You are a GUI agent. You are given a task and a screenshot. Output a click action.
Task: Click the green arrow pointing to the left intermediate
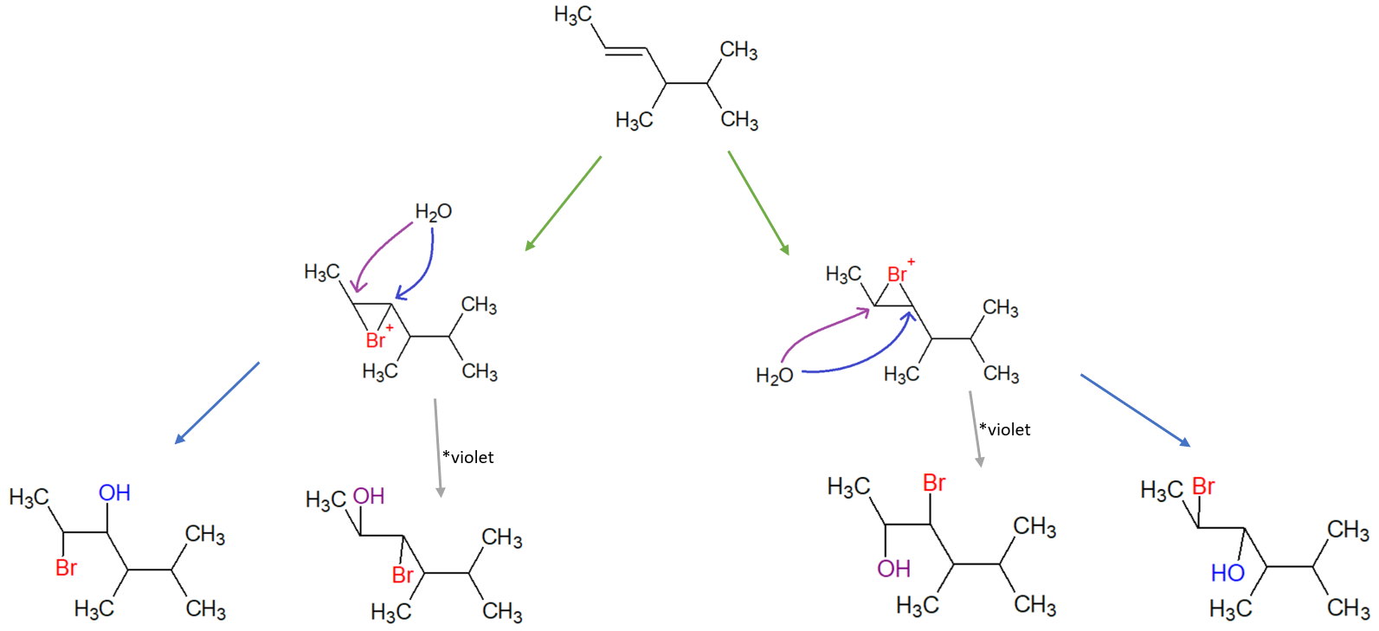tap(563, 203)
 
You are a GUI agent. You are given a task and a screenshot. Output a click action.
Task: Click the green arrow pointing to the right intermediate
tap(758, 203)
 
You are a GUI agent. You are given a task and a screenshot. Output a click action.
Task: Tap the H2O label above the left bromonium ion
tap(433, 212)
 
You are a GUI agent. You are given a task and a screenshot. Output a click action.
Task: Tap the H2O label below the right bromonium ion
tap(774, 376)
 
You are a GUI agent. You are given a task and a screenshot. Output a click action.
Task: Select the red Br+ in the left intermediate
tap(378, 338)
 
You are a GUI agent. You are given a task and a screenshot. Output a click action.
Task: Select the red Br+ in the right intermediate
tap(899, 274)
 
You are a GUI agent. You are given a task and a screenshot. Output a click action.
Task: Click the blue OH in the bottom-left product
tap(114, 493)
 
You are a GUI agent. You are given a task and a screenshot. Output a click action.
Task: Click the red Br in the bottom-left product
tap(67, 568)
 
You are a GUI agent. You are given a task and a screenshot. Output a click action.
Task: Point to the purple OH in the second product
tap(369, 496)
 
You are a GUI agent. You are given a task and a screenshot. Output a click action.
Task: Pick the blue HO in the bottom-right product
tap(1228, 573)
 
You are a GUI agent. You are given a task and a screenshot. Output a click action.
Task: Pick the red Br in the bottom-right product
tap(1203, 486)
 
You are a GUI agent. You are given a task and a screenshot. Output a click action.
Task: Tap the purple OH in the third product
tap(893, 569)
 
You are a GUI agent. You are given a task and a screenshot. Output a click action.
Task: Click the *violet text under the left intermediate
tap(468, 457)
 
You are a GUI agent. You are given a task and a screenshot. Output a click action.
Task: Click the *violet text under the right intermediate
tap(1005, 429)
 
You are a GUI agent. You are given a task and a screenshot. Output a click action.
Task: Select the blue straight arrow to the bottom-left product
tap(216, 402)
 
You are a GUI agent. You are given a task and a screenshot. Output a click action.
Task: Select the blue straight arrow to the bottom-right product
tap(1135, 410)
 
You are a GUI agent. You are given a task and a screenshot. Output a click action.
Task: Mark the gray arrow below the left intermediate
tap(438, 447)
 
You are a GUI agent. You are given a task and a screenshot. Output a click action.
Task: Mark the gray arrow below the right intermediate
tap(975, 428)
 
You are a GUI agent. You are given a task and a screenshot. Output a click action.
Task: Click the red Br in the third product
tap(934, 483)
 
